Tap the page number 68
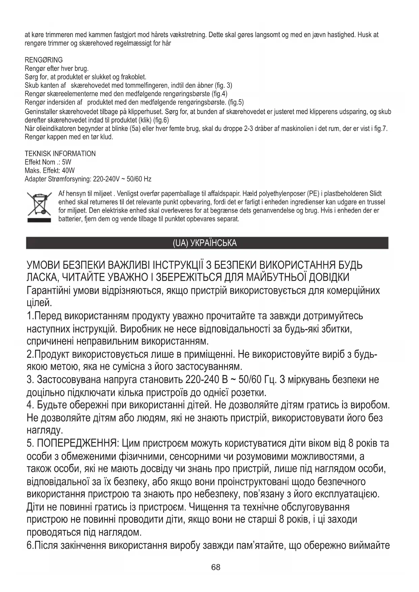point(215,567)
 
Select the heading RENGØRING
point(44,60)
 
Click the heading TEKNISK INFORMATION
point(60,154)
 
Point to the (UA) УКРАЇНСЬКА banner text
point(205,243)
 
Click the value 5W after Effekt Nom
point(67,162)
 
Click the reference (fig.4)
point(219,94)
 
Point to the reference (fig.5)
point(236,102)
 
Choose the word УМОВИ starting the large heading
point(43,265)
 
